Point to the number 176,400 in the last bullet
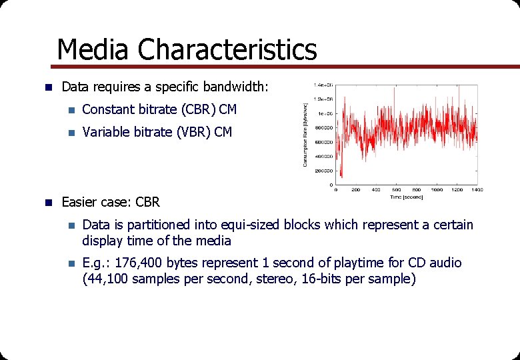tap(141, 263)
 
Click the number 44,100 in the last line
tap(109, 279)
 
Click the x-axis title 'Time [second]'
tap(406, 197)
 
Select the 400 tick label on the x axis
tap(376, 190)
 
